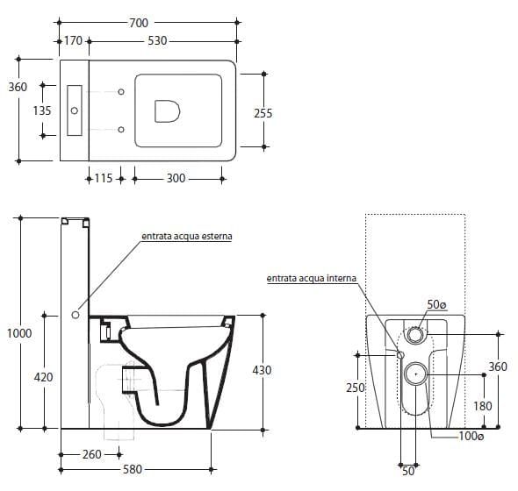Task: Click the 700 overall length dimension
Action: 139,23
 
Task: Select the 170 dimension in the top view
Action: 73,40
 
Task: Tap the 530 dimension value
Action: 157,40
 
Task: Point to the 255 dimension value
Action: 263,113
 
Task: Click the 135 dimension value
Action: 42,110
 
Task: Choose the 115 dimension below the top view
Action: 104,178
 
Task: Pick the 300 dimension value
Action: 176,178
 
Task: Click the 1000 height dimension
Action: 19,333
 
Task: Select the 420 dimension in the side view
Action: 43,377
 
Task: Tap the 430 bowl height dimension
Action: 262,370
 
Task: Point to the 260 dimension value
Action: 92,454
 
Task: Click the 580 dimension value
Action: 133,469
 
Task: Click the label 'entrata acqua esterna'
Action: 187,236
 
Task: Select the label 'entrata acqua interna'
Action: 312,279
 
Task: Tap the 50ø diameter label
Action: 436,304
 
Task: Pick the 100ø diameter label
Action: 471,437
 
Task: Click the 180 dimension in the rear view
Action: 483,406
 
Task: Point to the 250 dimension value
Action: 356,388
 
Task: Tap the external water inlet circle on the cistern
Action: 76,315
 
